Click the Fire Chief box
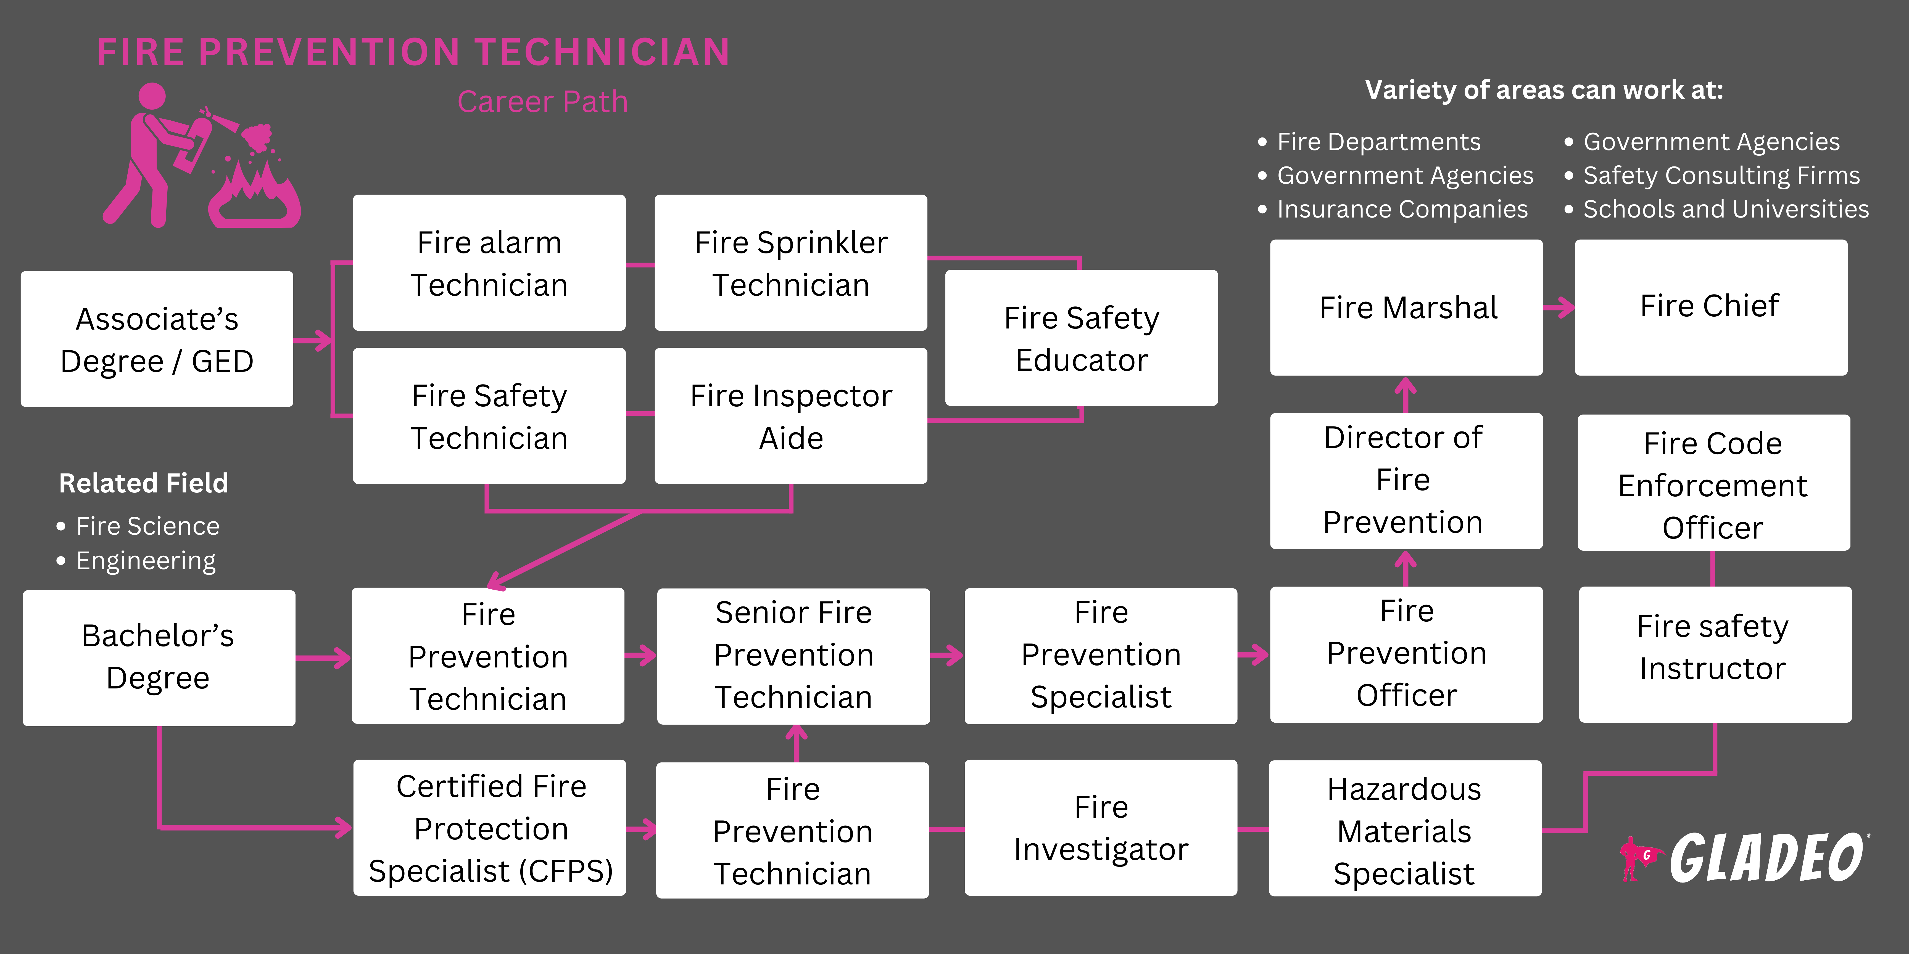1710,307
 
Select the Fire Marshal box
1406,307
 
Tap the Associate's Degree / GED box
157,339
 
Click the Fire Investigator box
1101,827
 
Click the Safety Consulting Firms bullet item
1721,176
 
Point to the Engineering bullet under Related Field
145,561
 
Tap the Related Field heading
144,483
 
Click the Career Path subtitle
542,102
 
